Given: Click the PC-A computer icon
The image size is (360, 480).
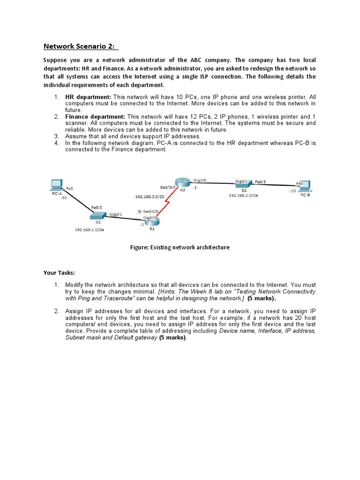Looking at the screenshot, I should [57, 185].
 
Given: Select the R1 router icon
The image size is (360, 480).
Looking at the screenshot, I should [151, 221].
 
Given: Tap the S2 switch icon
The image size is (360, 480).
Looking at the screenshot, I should [243, 184].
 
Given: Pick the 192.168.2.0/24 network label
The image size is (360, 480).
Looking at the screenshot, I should [243, 196].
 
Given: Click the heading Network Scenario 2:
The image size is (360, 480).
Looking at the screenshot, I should [81, 46].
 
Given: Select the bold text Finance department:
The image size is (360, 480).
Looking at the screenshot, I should [95, 116].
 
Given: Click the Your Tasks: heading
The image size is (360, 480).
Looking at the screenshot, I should [59, 272].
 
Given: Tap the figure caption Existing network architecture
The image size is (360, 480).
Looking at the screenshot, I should [180, 247].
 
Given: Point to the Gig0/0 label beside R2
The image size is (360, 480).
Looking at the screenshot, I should [199, 180].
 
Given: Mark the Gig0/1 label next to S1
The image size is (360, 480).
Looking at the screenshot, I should [115, 214].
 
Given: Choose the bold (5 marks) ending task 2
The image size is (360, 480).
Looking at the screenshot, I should [172, 337].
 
